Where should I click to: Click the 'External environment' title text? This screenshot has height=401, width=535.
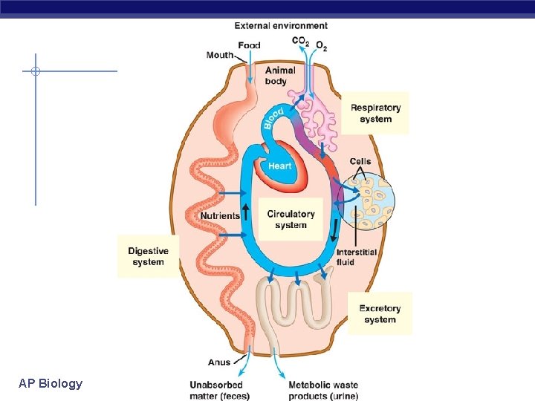281,26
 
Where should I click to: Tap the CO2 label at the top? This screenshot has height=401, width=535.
300,42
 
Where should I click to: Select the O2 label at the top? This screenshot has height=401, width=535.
321,45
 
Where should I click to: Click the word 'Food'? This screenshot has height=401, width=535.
249,45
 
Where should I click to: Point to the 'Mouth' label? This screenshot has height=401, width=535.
220,55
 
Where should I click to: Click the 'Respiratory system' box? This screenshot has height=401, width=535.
375,113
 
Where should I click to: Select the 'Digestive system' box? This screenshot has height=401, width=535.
149,256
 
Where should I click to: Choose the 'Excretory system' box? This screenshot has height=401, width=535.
380,313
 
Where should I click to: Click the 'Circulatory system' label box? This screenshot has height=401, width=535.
291,219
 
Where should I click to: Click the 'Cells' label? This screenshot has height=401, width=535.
360,162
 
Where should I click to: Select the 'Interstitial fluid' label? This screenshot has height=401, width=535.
356,257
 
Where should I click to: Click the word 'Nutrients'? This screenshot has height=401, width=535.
220,216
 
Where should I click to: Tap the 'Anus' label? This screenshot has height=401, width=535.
219,362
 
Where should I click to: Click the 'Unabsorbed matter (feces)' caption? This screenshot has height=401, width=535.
220,390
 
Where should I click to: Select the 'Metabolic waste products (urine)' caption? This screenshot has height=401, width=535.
323,390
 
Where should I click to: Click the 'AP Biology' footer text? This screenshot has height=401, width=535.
51,383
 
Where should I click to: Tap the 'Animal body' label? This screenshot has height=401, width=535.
280,76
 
